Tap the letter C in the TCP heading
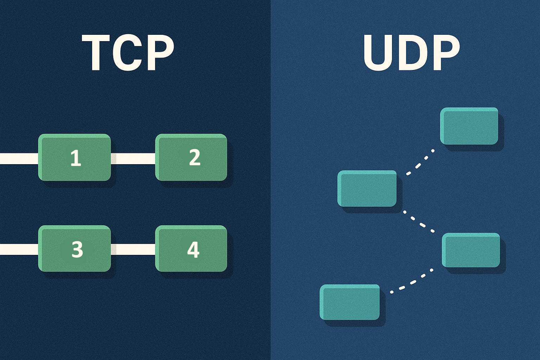coord(128,53)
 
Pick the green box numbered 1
coord(75,157)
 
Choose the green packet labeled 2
coord(191,157)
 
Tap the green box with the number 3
coord(75,249)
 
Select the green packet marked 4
coord(191,249)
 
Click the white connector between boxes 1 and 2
coord(133,159)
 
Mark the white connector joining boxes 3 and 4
coord(133,249)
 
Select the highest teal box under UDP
coord(469,126)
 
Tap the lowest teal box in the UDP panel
coord(349,302)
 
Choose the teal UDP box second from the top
coord(367,188)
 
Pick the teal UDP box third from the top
coord(471,250)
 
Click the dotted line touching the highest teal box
coord(420,162)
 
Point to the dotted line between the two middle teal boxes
coord(419,221)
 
